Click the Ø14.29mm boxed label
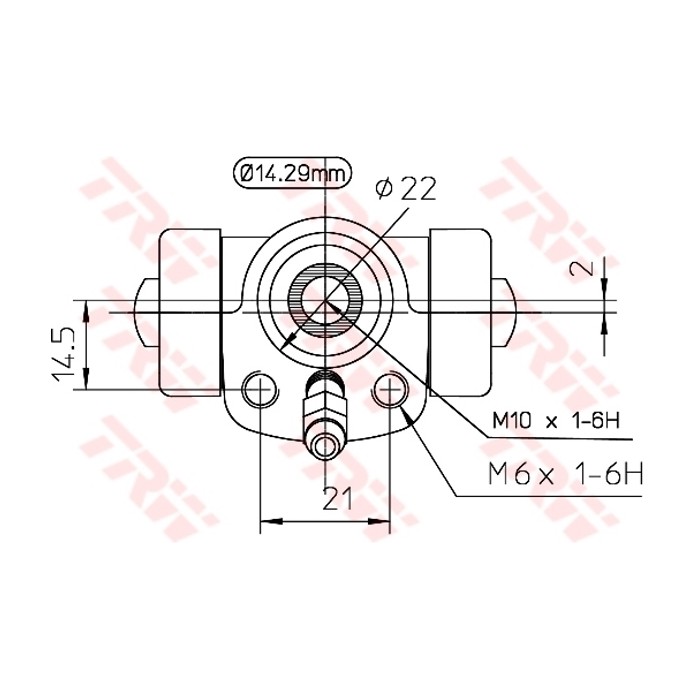point(290,173)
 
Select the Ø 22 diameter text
point(405,189)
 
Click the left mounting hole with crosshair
point(260,389)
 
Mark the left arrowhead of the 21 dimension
point(266,521)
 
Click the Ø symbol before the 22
point(381,189)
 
